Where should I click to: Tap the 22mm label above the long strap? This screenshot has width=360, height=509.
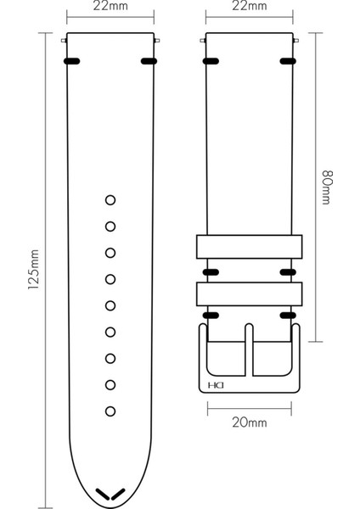[110, 8]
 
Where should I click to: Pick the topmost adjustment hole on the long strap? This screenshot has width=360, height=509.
[110, 200]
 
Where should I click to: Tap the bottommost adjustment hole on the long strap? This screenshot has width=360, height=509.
[110, 411]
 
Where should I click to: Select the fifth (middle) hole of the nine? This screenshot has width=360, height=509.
[110, 305]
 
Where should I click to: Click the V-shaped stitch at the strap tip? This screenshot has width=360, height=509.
[110, 493]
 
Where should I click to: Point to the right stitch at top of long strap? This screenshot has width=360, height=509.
[149, 61]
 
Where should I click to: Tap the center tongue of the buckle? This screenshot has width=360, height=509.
[249, 348]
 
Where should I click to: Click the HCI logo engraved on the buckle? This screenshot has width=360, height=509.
[212, 389]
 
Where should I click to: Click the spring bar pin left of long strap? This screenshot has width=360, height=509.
[65, 39]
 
